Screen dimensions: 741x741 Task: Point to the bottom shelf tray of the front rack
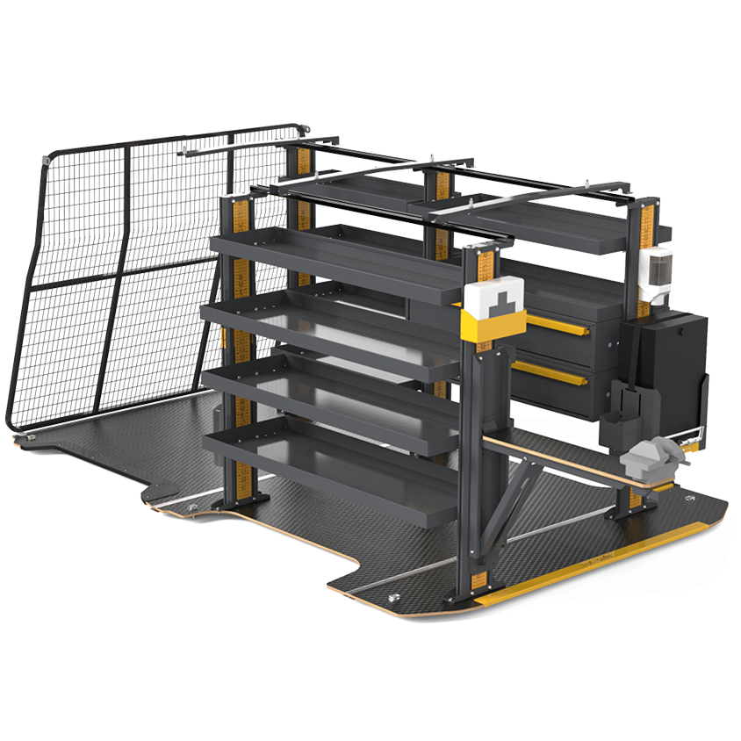pos(334,465)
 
